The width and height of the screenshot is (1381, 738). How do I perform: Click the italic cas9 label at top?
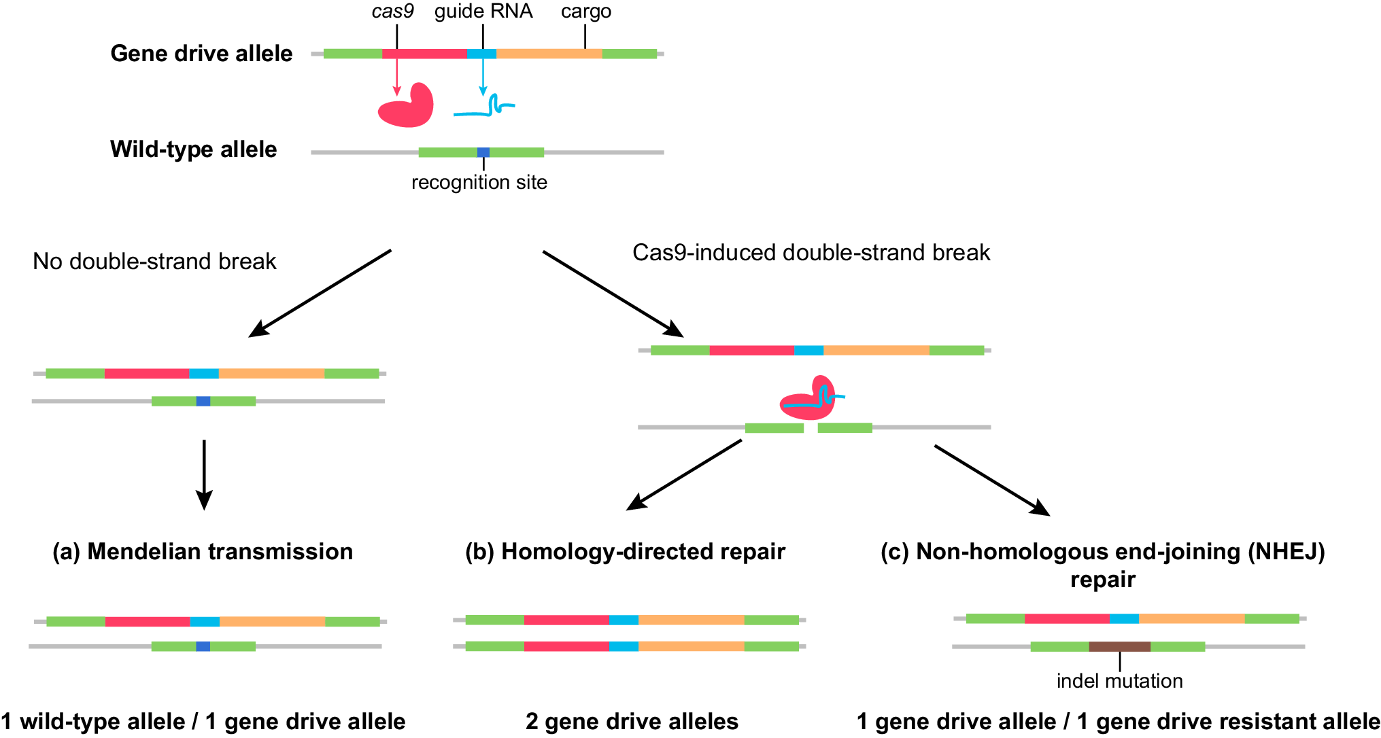click(392, 12)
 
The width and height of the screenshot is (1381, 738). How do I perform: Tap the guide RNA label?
click(483, 12)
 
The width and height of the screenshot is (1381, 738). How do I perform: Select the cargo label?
click(585, 12)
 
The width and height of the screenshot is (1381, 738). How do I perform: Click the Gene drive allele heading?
click(201, 53)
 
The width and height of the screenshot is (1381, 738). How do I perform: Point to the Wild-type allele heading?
click(193, 149)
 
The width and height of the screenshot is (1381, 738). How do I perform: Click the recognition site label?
click(479, 182)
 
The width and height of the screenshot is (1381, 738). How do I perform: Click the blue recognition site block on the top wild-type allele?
click(483, 152)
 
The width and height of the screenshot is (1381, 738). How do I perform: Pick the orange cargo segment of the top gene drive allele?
click(549, 54)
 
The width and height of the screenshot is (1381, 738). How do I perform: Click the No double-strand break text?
click(154, 261)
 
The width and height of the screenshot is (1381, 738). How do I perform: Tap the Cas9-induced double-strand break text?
click(811, 252)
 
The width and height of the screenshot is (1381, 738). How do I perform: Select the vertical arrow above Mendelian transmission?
click(204, 474)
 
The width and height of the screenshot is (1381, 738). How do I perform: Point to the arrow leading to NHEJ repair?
click(992, 480)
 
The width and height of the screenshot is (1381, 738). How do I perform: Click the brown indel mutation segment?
click(1119, 646)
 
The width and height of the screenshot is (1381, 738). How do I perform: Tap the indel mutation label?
click(1119, 681)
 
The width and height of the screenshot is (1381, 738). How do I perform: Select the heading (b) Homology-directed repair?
click(625, 551)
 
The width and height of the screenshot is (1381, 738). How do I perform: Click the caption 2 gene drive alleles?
click(632, 721)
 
